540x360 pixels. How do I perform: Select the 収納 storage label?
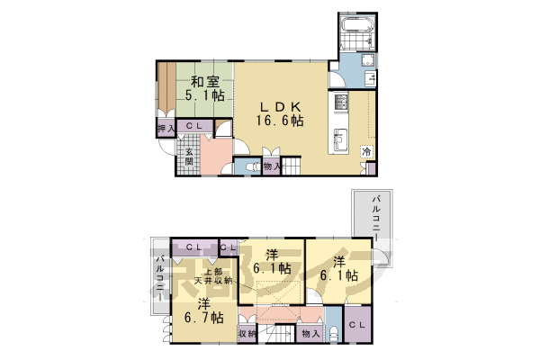tap(247, 333)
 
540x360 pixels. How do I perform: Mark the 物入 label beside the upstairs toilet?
tap(310, 334)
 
